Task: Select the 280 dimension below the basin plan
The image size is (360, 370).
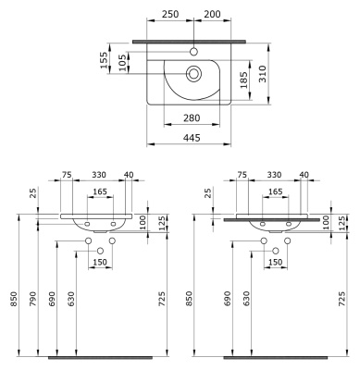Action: pyautogui.click(x=193, y=117)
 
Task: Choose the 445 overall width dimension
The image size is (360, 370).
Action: pyautogui.click(x=193, y=138)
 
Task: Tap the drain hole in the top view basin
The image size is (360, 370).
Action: pyautogui.click(x=193, y=72)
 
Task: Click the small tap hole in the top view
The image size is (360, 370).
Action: pyautogui.click(x=194, y=50)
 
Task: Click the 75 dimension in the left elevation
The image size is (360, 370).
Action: pyautogui.click(x=67, y=172)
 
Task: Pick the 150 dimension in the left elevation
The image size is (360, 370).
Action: pyautogui.click(x=100, y=262)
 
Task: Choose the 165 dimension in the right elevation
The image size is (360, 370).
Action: pyautogui.click(x=276, y=191)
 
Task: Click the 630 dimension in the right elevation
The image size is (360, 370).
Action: pyautogui.click(x=245, y=301)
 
